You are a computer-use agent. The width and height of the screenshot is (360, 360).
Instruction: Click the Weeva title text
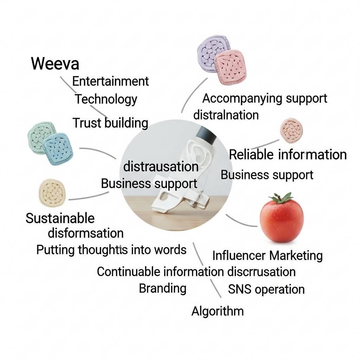pyautogui.click(x=55, y=64)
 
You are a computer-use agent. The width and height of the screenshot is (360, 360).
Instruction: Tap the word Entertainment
pyautogui.click(x=110, y=81)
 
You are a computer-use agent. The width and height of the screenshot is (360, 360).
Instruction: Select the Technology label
pyautogui.click(x=105, y=99)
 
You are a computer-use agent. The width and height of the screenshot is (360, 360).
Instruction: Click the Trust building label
pyautogui.click(x=110, y=123)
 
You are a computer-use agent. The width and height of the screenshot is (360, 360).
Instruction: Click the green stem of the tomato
pyautogui.click(x=282, y=198)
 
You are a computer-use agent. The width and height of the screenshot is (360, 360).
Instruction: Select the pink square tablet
pyautogui.click(x=230, y=66)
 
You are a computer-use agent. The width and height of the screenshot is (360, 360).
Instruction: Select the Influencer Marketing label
pyautogui.click(x=267, y=256)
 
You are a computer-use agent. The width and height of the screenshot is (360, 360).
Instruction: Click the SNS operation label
pyautogui.click(x=266, y=289)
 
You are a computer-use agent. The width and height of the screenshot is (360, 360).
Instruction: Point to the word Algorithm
pyautogui.click(x=217, y=311)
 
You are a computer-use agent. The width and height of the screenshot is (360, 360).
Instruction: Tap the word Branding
pyautogui.click(x=162, y=288)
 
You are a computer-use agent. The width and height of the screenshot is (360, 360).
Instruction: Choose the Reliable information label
pyautogui.click(x=288, y=155)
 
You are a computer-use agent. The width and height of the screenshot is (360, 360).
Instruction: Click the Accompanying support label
pyautogui.click(x=265, y=98)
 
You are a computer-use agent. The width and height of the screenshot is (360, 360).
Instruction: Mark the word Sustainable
pyautogui.click(x=60, y=218)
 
